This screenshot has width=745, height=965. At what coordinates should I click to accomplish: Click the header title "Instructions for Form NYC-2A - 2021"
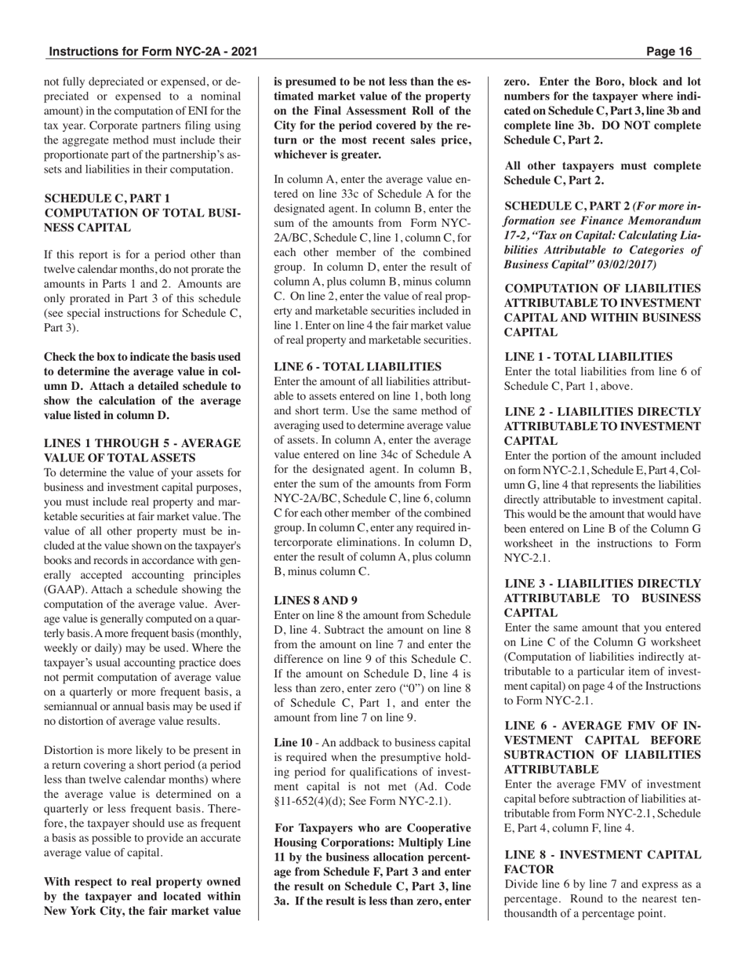coord(153,52)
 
